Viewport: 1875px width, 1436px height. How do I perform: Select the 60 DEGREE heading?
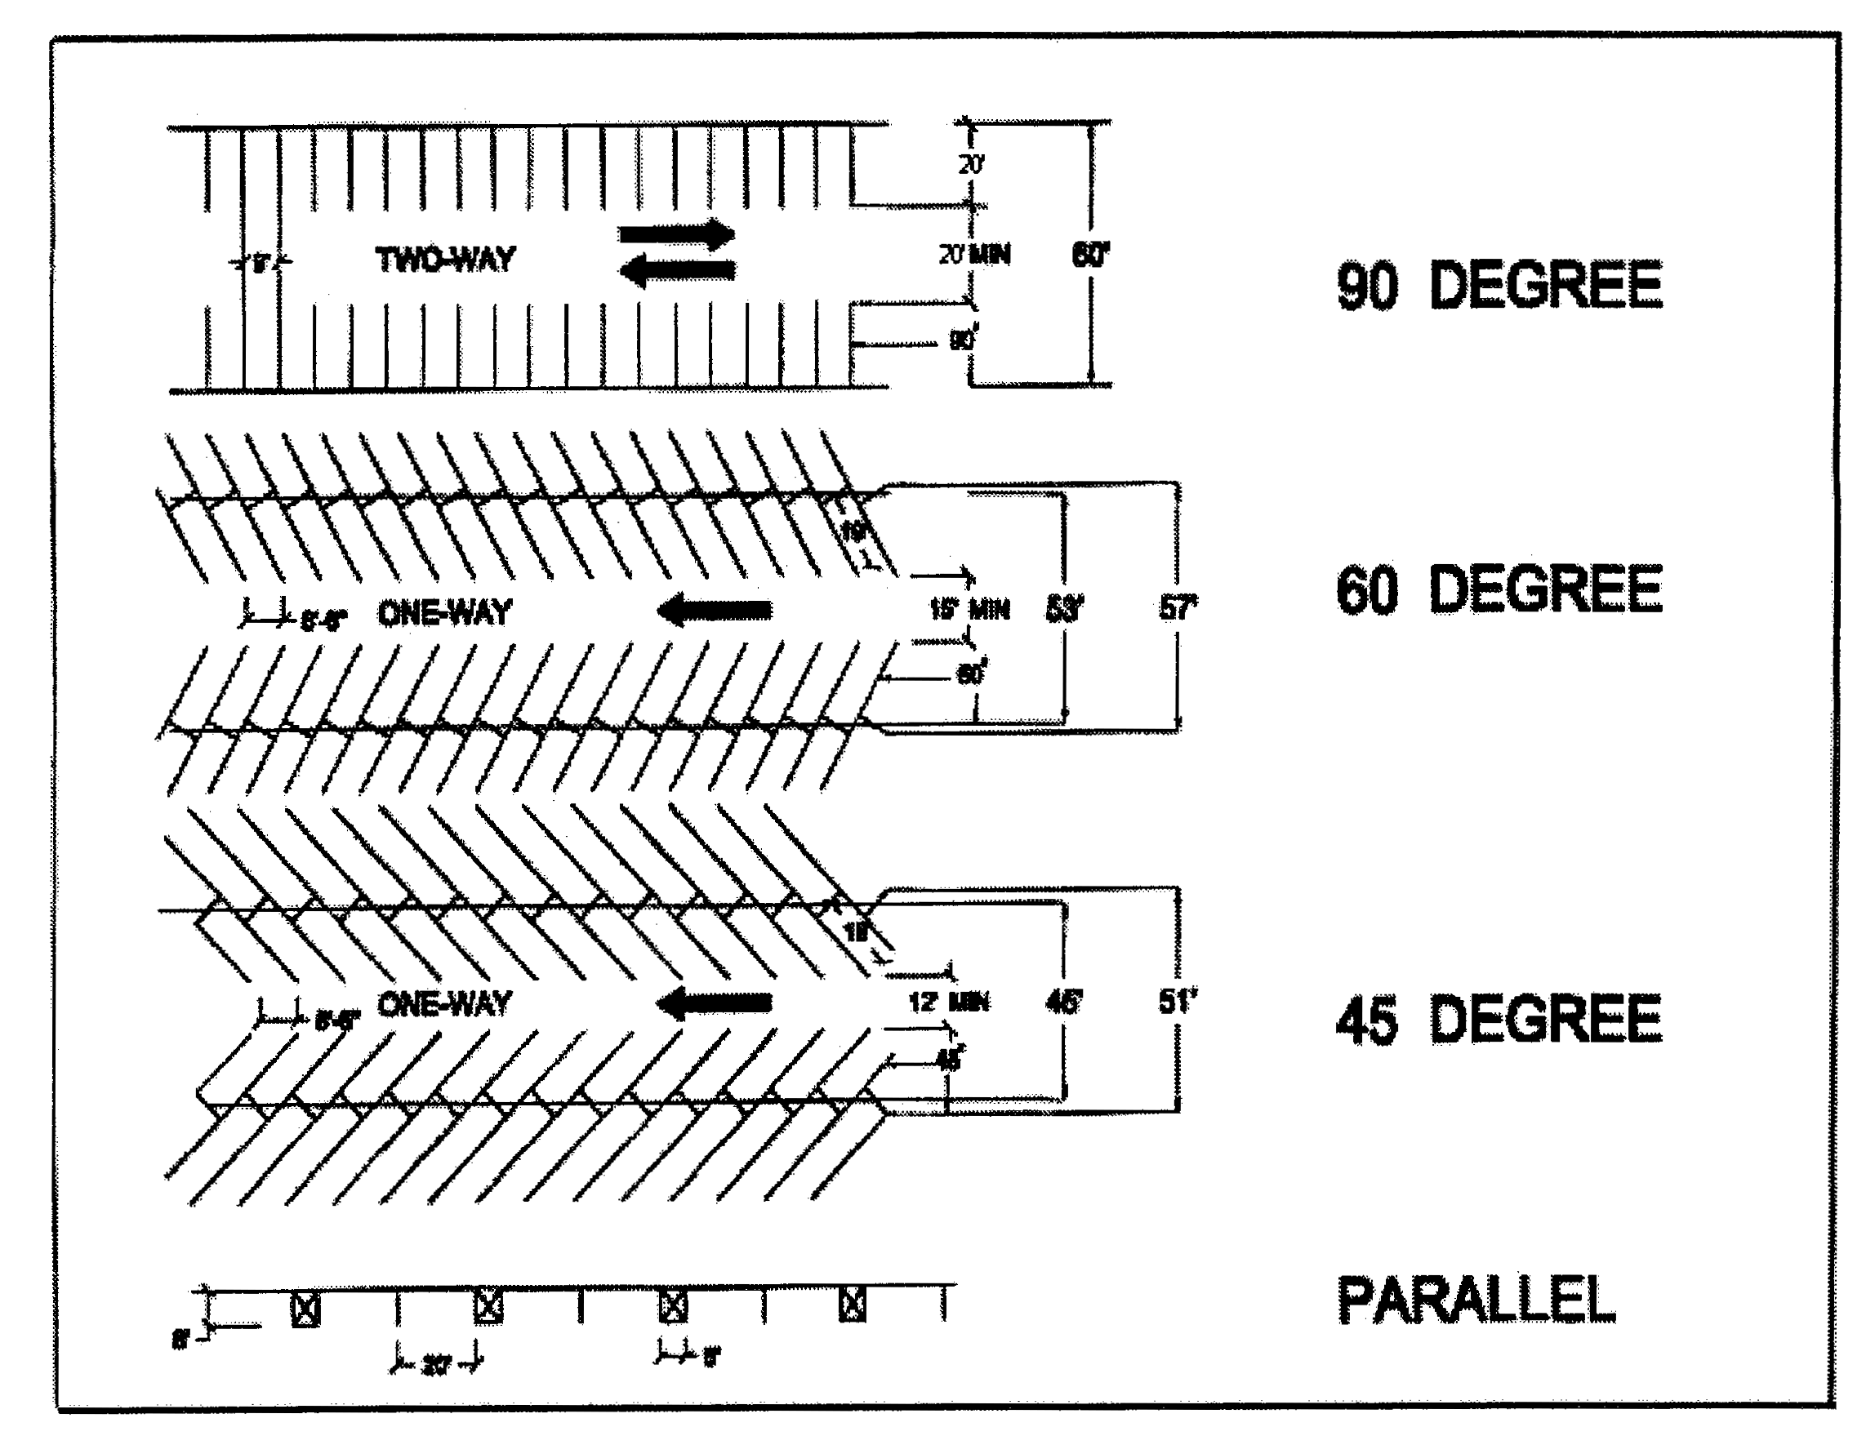1499,589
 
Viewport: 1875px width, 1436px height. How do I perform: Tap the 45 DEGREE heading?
1499,1020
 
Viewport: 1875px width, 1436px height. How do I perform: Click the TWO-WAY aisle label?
445,259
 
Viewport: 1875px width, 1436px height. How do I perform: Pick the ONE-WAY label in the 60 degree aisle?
443,613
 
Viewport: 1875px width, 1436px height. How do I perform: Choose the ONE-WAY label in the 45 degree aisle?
443,1003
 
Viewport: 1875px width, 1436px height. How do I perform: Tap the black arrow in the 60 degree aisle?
715,611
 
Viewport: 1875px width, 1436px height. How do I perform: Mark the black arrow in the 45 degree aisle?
715,1003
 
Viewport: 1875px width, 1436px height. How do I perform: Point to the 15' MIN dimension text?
969,610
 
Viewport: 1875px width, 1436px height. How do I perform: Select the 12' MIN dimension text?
949,1001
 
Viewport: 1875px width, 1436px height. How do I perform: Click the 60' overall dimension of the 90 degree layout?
1090,255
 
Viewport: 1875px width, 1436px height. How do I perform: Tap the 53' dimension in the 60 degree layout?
1064,608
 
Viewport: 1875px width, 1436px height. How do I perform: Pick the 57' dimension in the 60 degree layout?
1178,607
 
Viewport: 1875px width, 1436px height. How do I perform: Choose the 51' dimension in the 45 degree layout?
1178,1000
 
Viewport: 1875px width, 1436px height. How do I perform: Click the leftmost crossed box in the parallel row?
306,1309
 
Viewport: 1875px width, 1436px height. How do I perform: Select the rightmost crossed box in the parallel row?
853,1305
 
